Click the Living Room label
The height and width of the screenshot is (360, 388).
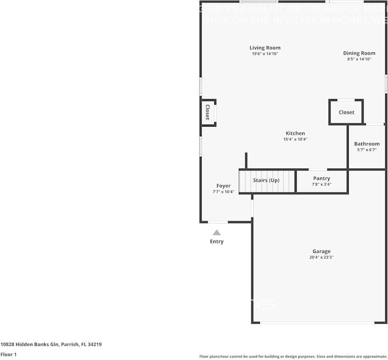pyautogui.click(x=265, y=48)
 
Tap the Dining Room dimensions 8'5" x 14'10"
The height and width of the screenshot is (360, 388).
pyautogui.click(x=359, y=59)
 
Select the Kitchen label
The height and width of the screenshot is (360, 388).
pyautogui.click(x=295, y=133)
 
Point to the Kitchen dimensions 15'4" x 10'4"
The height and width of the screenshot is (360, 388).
pyautogui.click(x=295, y=140)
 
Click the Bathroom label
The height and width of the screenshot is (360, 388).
pyautogui.click(x=367, y=144)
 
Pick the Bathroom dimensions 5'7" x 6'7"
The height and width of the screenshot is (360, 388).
pyautogui.click(x=367, y=150)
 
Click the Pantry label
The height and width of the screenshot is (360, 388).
pyautogui.click(x=321, y=178)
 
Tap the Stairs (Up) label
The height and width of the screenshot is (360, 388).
pyautogui.click(x=266, y=180)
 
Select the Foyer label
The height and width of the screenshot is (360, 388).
pyautogui.click(x=223, y=186)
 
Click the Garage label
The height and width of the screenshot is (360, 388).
pyautogui.click(x=321, y=251)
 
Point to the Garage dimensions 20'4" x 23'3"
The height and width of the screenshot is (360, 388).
pyautogui.click(x=321, y=257)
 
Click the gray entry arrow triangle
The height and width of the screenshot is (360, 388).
pyautogui.click(x=217, y=233)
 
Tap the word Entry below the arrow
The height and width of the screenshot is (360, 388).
pyautogui.click(x=217, y=241)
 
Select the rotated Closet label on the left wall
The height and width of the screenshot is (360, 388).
pyautogui.click(x=207, y=112)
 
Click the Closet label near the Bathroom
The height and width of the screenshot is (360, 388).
pyautogui.click(x=346, y=112)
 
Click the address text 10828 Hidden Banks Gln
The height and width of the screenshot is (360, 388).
pyautogui.click(x=30, y=345)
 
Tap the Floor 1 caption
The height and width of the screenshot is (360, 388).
pyautogui.click(x=8, y=355)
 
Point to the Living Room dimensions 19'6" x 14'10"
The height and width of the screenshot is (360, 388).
pyautogui.click(x=265, y=54)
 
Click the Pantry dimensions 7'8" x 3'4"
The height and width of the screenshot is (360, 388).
pyautogui.click(x=321, y=184)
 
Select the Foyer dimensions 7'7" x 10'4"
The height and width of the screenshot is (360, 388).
pyautogui.click(x=223, y=192)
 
